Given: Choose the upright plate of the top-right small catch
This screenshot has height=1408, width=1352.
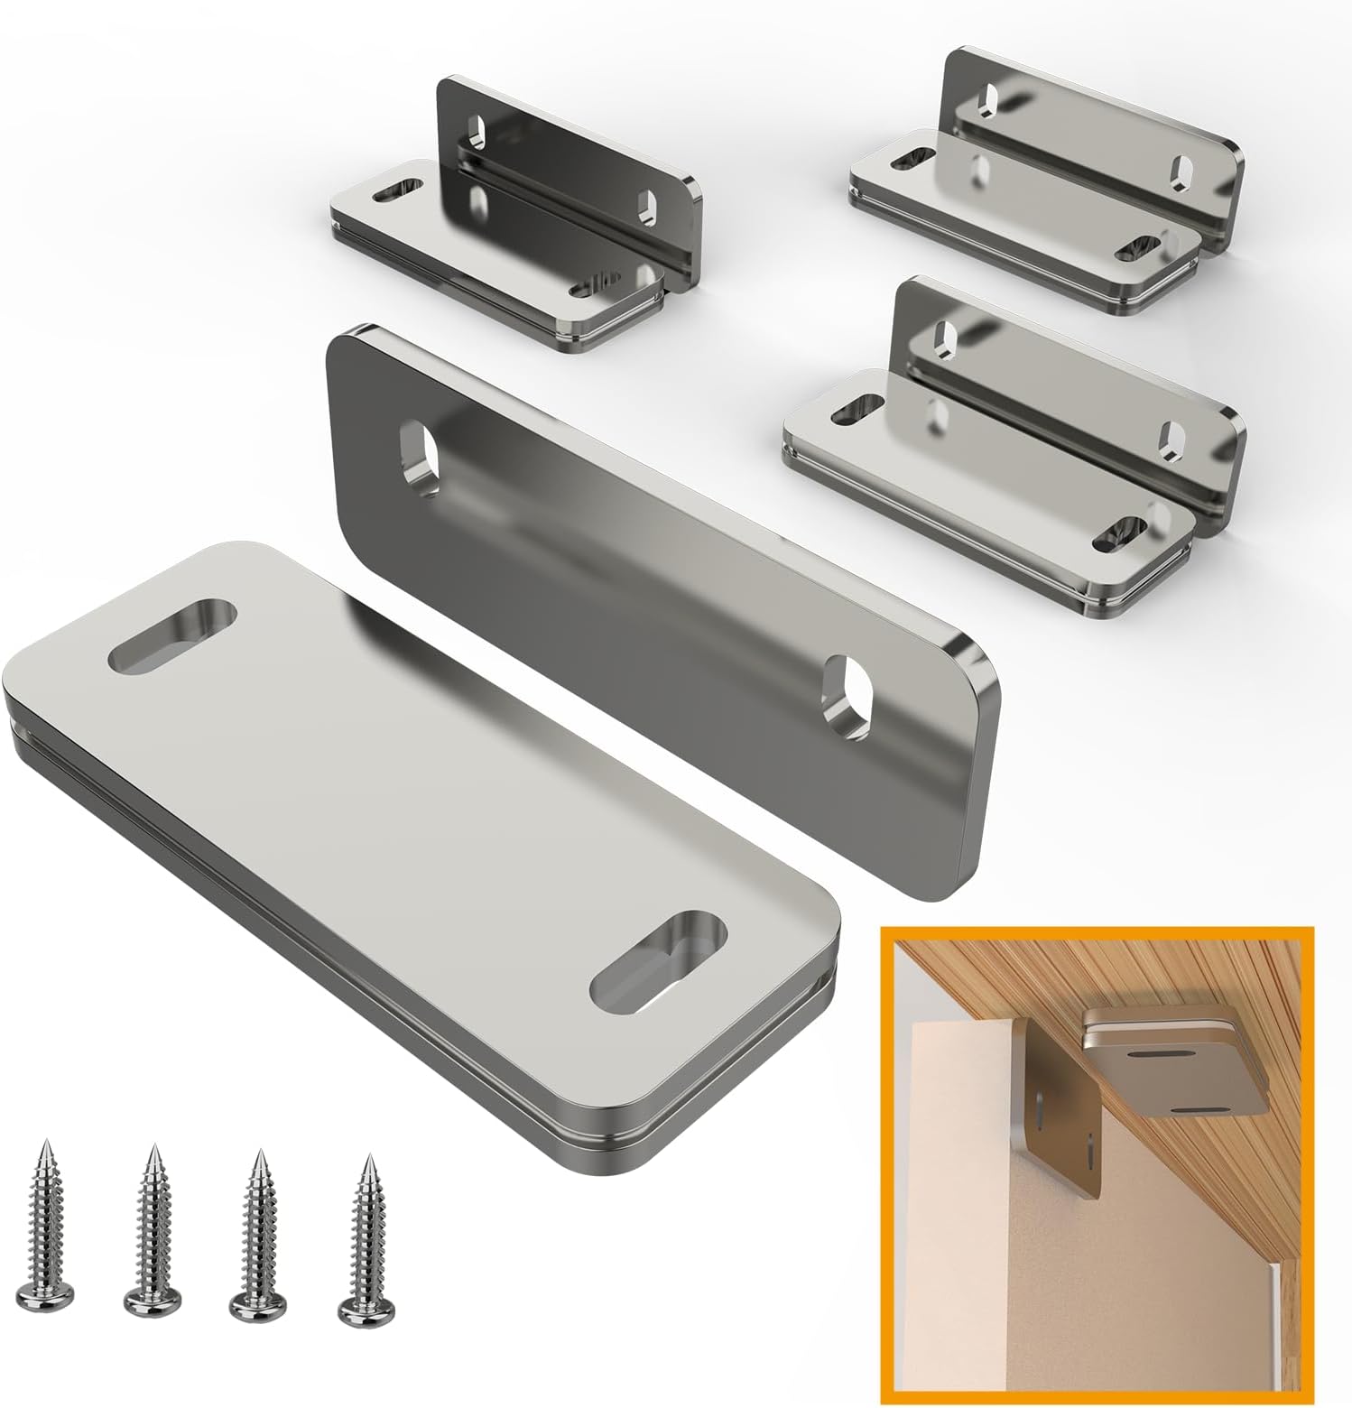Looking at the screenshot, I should point(1083,135).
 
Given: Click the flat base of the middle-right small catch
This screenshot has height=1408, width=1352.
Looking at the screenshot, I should point(984,505).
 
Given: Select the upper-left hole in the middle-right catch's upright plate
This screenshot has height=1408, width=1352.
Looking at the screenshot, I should point(946,334).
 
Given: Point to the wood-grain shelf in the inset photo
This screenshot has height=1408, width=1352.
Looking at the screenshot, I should point(1038,966).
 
